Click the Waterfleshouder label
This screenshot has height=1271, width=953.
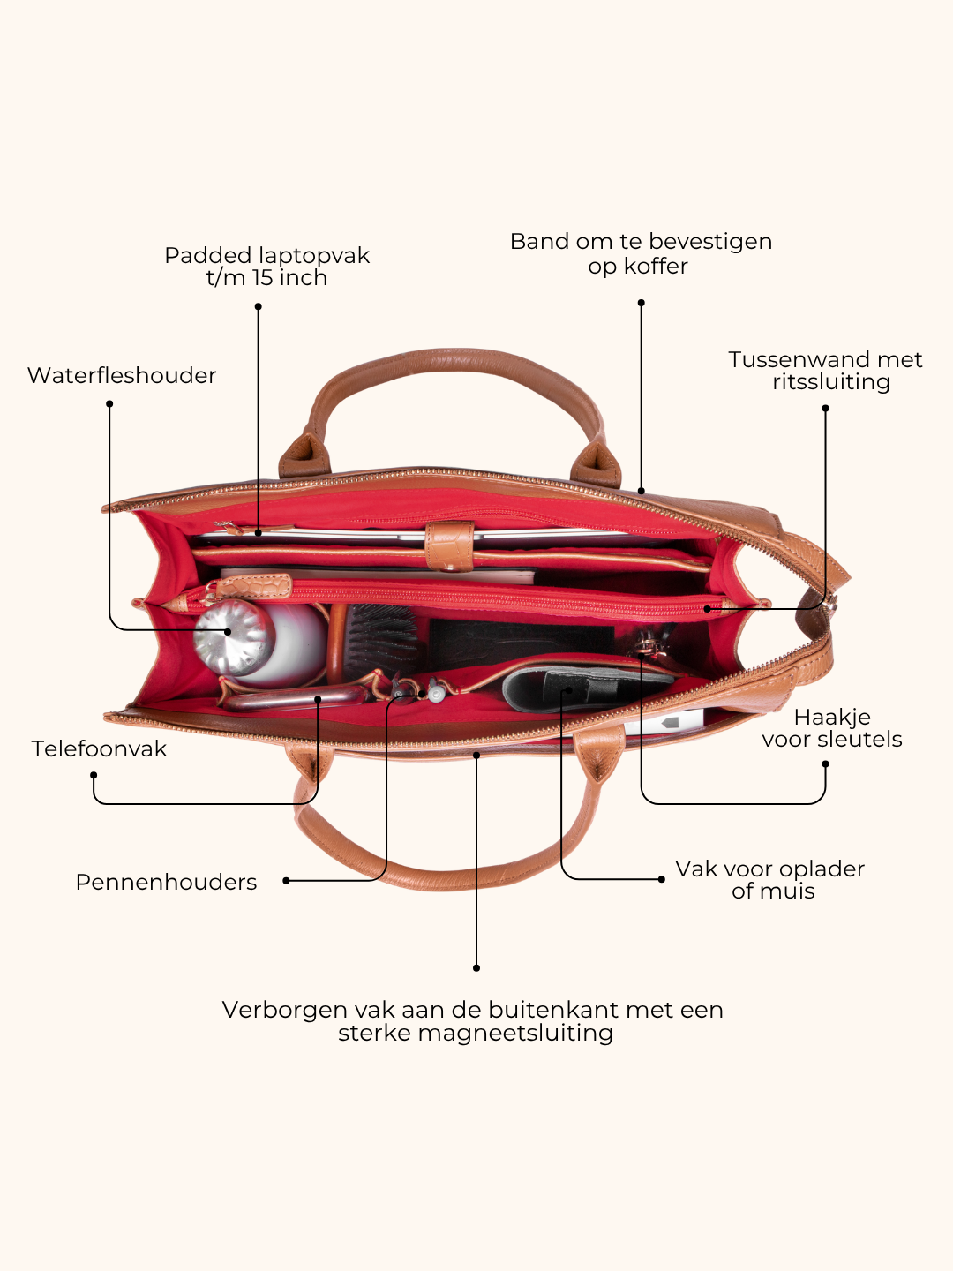[122, 375]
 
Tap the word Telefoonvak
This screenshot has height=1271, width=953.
[99, 748]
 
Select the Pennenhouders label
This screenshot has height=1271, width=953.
[166, 882]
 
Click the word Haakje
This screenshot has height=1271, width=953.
[832, 718]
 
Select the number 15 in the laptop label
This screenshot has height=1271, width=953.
[263, 278]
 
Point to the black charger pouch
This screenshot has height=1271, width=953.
[584, 688]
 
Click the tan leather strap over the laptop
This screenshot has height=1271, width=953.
[450, 546]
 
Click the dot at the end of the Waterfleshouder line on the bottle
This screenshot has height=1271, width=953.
[228, 631]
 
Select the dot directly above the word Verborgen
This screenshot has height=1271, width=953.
[476, 967]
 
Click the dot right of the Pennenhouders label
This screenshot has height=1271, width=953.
[286, 881]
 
